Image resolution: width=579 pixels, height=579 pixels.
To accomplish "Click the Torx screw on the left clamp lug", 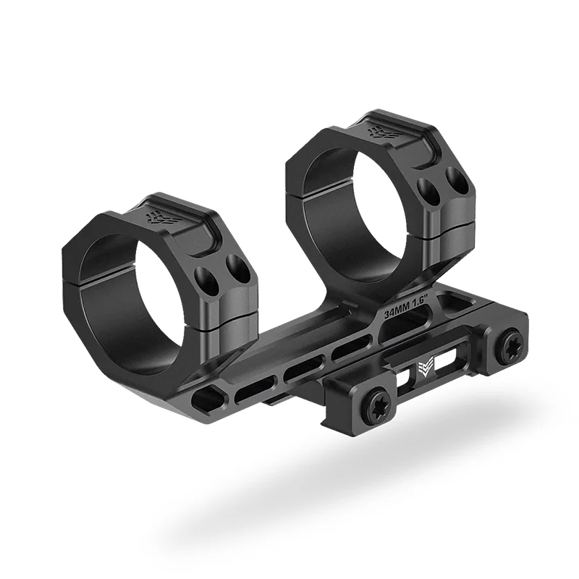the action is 377,399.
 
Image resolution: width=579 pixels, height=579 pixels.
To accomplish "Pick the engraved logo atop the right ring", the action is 381,132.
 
